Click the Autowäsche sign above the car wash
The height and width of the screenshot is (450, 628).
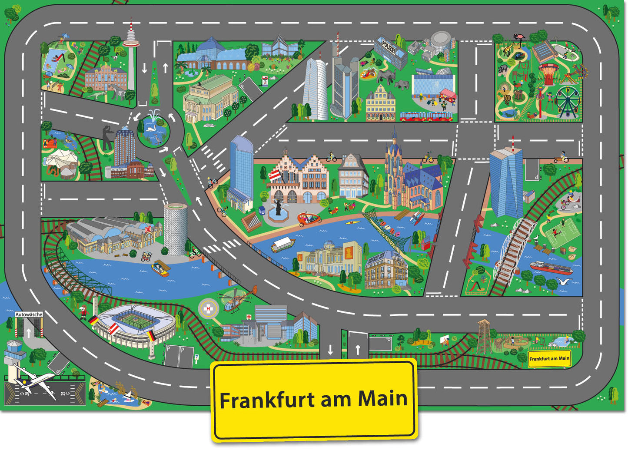pos(29,314)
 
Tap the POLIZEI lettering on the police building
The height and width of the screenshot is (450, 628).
pos(390,44)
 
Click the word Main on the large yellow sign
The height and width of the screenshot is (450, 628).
pos(382,398)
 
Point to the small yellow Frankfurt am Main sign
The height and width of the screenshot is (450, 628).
pos(549,359)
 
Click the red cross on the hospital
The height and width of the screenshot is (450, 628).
pos(249,317)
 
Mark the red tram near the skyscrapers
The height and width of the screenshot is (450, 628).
pos(426,116)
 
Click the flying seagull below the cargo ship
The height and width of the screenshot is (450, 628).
pos(564,281)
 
